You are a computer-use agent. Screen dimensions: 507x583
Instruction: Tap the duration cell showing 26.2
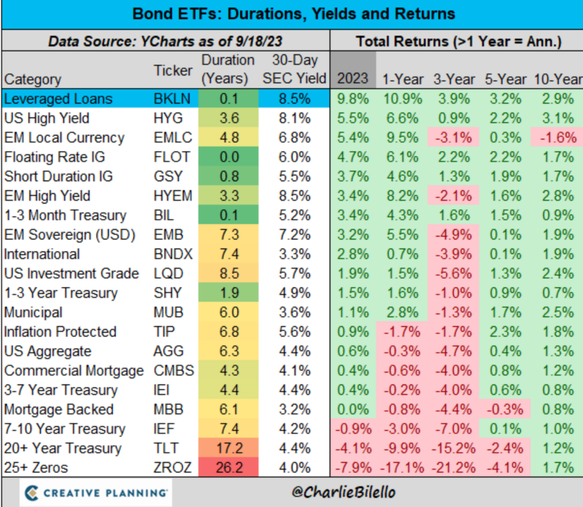228,468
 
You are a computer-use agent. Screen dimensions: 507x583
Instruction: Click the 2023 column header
353,78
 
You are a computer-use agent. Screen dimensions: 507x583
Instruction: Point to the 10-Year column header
557,79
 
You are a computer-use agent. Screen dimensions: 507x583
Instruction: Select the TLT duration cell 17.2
228,448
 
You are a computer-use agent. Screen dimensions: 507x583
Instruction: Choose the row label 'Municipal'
33,312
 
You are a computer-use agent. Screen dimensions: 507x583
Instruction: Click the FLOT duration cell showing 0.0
228,157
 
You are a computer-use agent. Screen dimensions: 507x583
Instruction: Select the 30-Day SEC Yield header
294,69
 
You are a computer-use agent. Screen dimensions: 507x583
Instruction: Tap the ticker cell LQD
168,274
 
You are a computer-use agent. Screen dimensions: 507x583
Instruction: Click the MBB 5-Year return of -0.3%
503,410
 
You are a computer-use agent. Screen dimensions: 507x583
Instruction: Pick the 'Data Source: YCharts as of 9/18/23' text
165,42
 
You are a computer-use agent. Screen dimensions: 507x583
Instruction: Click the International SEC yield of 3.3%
294,254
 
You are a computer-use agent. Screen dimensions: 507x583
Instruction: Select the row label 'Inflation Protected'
60,332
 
